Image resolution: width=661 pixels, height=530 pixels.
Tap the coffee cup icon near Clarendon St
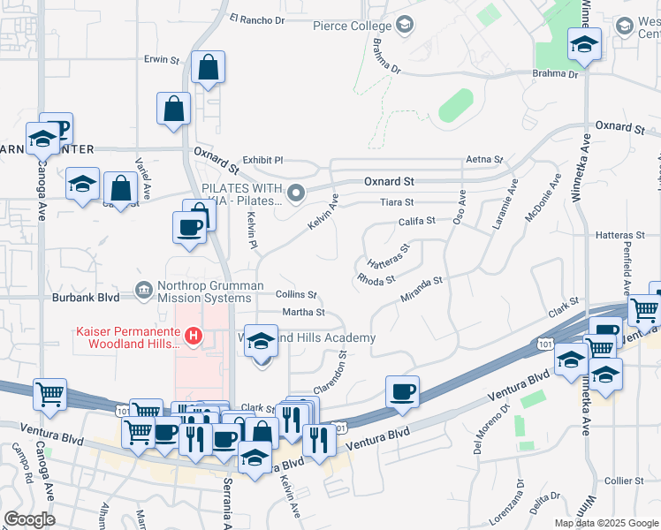coord(402,390)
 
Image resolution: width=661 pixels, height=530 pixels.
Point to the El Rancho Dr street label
coord(257,18)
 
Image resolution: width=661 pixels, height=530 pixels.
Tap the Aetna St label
coord(484,160)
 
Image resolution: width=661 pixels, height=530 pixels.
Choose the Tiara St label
coord(398,202)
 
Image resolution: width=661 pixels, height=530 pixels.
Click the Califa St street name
coord(418,221)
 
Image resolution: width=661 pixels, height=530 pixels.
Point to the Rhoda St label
coord(376,280)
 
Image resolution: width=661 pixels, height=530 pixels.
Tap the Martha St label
coord(303,312)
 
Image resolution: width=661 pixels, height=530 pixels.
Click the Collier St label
coord(626,481)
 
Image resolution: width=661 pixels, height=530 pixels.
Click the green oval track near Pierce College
coord(455,105)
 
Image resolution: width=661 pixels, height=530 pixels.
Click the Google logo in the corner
coord(30,519)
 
